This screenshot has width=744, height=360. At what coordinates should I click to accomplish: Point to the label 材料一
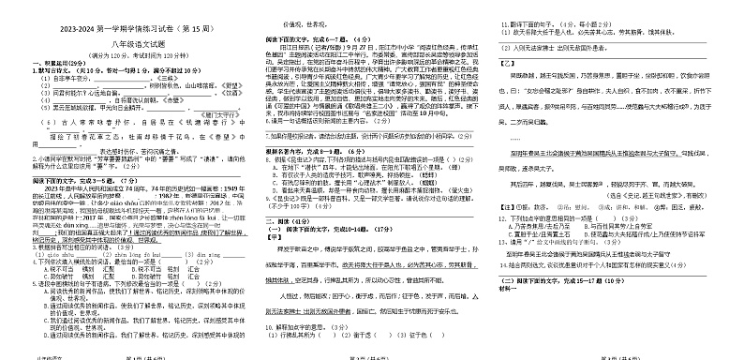coord(513,342)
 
